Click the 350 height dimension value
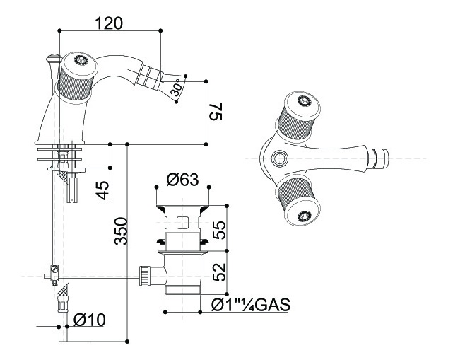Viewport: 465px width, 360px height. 121,232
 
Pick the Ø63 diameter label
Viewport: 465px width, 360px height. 182,180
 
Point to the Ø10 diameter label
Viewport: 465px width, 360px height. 89,319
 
